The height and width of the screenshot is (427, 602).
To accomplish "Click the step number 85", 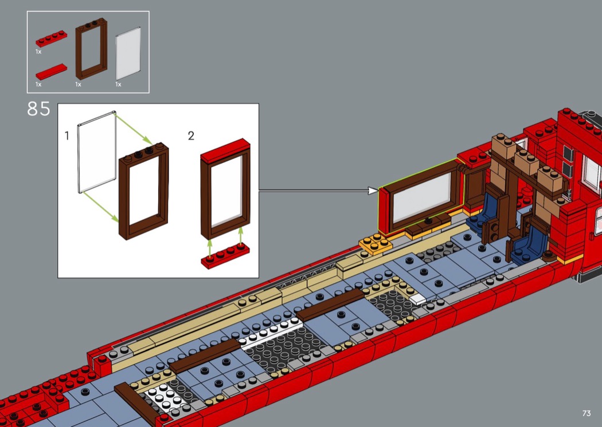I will [38, 109].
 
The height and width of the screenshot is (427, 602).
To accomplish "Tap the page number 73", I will [586, 413].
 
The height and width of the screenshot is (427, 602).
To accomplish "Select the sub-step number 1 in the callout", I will [67, 136].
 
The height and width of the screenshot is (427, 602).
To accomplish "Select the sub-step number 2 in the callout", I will [191, 136].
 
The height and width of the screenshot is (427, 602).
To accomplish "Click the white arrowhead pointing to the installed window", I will [373, 191].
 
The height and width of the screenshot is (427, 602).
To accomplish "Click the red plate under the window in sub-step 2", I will [225, 256].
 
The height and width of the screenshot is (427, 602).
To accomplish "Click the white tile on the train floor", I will [417, 298].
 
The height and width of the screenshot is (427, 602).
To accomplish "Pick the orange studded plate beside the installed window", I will [375, 244].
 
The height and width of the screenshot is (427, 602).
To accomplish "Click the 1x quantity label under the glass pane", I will [119, 84].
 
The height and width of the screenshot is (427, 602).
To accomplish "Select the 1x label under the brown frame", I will [79, 84].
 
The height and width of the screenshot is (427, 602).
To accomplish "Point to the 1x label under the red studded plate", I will [38, 52].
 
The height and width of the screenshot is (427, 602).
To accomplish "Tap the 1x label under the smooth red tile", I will [38, 84].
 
